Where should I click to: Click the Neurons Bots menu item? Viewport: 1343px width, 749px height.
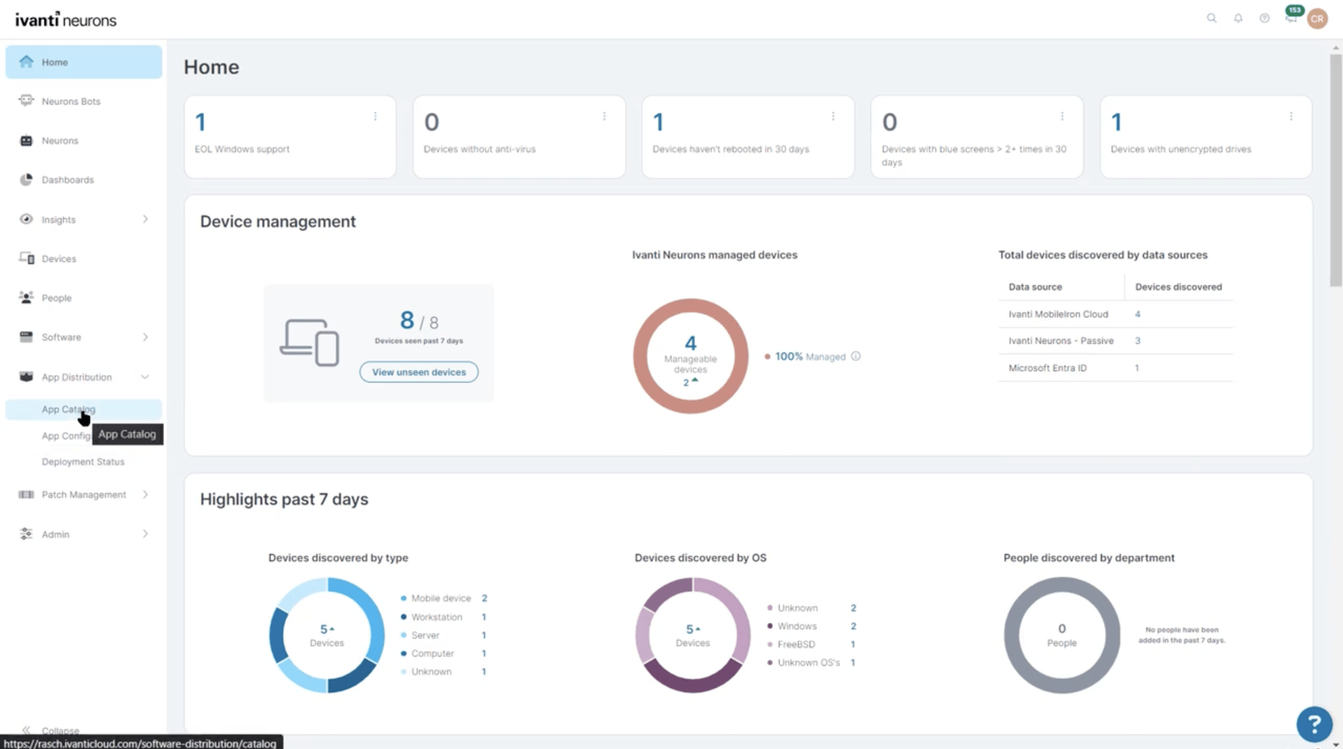70,101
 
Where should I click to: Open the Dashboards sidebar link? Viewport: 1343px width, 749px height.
67,180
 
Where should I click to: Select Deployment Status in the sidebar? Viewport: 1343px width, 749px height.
83,462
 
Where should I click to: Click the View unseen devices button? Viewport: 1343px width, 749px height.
419,372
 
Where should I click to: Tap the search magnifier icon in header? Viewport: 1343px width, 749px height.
1212,18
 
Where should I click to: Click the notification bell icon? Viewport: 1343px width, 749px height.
1238,18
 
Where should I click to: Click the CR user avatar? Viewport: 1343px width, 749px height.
1318,19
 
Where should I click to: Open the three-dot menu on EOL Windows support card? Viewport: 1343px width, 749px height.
375,116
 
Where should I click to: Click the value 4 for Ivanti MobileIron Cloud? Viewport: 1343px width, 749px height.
1137,314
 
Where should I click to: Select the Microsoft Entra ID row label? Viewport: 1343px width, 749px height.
1048,368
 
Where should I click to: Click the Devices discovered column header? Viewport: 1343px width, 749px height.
1178,286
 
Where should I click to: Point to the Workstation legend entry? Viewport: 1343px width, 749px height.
436,617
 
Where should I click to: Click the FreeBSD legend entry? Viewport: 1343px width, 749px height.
796,645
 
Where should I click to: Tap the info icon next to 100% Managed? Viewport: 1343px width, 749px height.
856,357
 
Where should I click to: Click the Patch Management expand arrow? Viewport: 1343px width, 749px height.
145,495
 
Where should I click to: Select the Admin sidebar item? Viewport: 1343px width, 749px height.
55,534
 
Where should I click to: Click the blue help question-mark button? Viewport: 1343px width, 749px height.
1314,723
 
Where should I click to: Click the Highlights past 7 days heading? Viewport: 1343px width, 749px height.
284,499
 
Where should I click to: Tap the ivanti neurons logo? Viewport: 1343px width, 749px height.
66,20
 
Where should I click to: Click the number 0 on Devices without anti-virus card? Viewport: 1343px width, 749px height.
431,122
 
